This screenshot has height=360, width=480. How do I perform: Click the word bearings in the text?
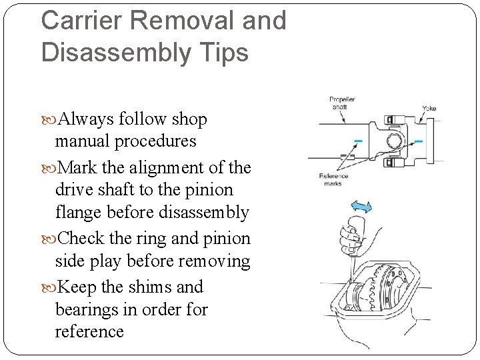tap(86, 310)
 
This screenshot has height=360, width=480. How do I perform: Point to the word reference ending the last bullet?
tap(89, 331)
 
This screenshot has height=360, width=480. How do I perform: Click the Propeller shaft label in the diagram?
tap(343, 103)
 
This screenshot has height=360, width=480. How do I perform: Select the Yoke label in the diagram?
tap(429, 108)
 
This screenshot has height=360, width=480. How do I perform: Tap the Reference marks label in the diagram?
tap(334, 180)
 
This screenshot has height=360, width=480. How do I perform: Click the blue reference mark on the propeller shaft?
tap(359, 141)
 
